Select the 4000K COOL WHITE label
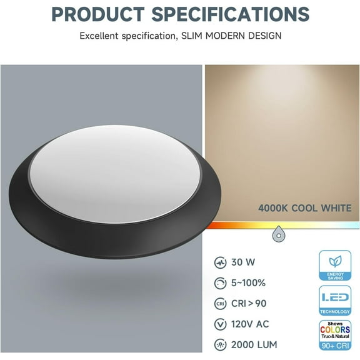[305, 208]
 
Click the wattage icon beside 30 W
[219, 262]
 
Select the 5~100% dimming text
[248, 283]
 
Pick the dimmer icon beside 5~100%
[219, 283]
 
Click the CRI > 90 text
[249, 304]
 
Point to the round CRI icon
[219, 304]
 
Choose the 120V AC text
[249, 324]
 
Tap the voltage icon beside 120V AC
[219, 324]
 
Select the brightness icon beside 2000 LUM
[219, 345]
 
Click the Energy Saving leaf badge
[335, 266]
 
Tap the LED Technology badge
[335, 300]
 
